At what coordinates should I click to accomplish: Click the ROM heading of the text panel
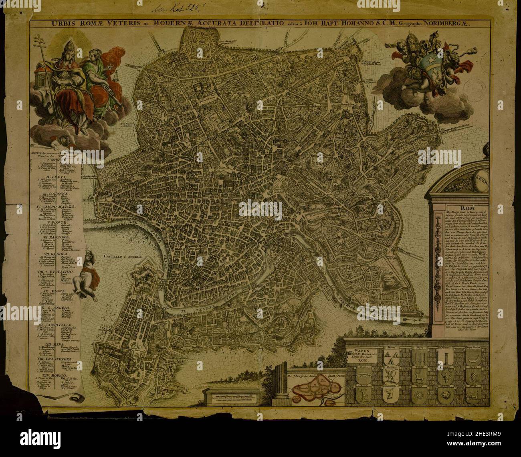(x=467, y=208)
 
